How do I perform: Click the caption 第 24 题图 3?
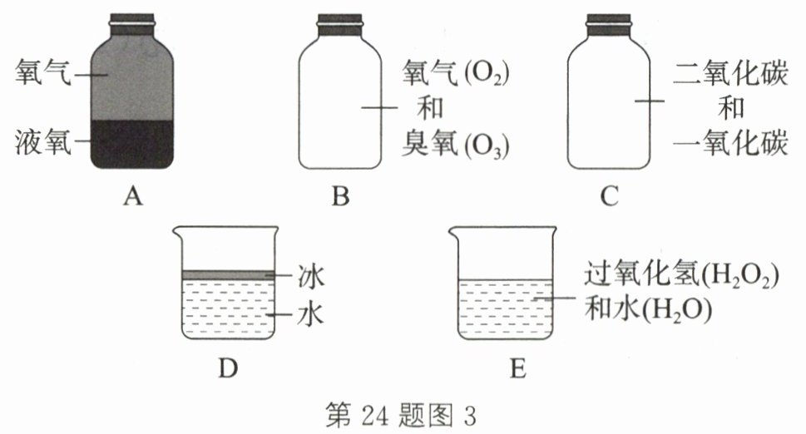(403, 413)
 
